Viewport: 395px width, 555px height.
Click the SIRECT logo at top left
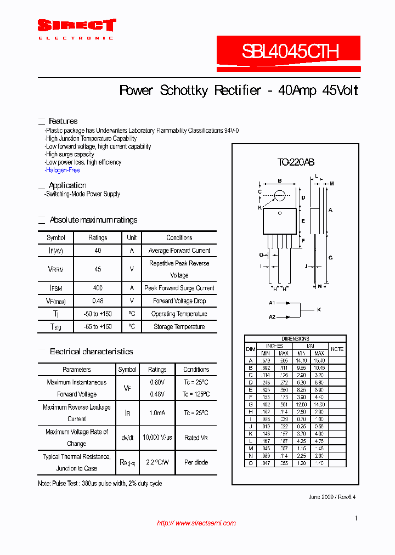coord(76,26)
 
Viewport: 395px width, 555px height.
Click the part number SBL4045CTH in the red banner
coord(290,52)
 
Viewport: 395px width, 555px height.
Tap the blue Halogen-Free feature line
coord(63,171)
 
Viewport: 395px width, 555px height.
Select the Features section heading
coord(63,121)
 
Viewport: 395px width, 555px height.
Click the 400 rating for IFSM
coord(98,288)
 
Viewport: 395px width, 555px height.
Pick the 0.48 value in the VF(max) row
coord(98,301)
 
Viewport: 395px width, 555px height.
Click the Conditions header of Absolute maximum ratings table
coord(179,238)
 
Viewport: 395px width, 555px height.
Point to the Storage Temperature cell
coord(179,327)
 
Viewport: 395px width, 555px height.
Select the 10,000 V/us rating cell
coord(157,437)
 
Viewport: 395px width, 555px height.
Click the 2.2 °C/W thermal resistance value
coord(157,462)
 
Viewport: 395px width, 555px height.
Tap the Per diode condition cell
coord(196,462)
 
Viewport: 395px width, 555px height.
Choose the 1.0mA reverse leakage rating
coord(157,413)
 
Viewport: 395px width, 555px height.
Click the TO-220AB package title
coord(295,162)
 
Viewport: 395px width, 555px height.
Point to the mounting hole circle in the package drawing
coord(280,195)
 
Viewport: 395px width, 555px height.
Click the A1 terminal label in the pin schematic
coord(272,303)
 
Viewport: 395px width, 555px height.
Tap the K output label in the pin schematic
coord(319,310)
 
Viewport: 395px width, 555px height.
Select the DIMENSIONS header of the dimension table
coord(295,339)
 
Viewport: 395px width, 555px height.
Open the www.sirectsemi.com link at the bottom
coord(196,523)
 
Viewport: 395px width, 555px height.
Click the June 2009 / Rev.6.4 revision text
coord(332,497)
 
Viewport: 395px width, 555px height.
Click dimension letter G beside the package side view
coord(331,257)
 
